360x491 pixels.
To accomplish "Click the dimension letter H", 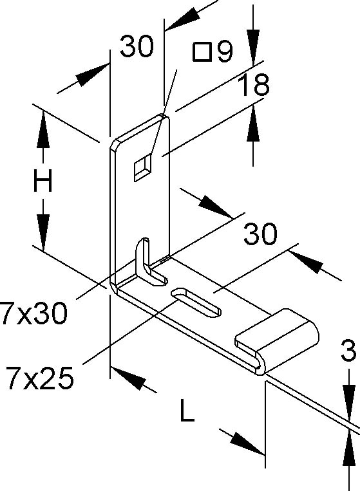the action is click(43, 180).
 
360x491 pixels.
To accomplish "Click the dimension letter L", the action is click(187, 410).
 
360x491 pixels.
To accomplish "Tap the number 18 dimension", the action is click(253, 84).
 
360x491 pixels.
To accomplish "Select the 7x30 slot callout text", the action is click(33, 313).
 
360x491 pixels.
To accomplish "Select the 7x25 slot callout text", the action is click(39, 378).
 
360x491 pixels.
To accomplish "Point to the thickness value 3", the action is click(348, 350).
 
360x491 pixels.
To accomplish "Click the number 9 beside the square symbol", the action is click(225, 51).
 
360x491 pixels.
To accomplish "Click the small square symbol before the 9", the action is click(201, 51).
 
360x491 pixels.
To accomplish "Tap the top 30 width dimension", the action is click(137, 46).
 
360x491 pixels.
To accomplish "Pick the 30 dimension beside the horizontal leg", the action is click(260, 234).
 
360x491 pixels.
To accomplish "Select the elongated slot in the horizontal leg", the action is click(196, 302).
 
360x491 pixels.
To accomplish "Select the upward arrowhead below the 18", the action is click(253, 123).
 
